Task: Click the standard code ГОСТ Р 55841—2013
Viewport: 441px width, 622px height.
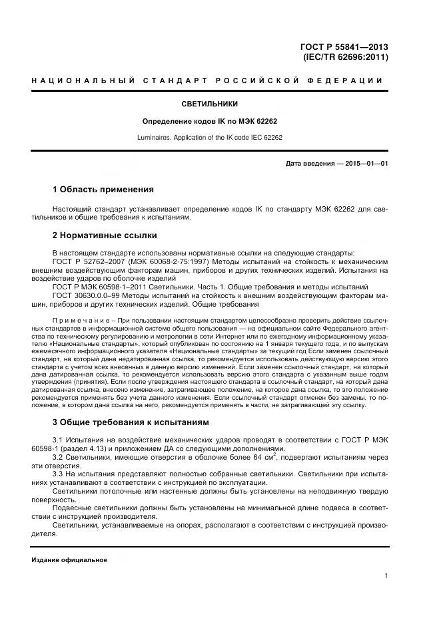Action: (x=345, y=47)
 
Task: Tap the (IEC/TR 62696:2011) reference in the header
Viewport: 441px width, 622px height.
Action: (x=346, y=57)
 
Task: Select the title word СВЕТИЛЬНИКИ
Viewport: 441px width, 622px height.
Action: (x=209, y=104)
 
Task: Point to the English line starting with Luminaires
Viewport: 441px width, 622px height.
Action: (x=209, y=138)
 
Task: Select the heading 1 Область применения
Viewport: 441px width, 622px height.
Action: (x=103, y=190)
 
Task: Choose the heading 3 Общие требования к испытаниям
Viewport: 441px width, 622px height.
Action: (x=131, y=422)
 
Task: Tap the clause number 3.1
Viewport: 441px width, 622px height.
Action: (x=59, y=440)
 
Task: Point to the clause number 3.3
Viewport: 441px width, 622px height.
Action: (x=59, y=475)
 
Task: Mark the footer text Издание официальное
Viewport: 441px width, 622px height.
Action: (x=69, y=559)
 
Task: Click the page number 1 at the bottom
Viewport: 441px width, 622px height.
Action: (x=386, y=576)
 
